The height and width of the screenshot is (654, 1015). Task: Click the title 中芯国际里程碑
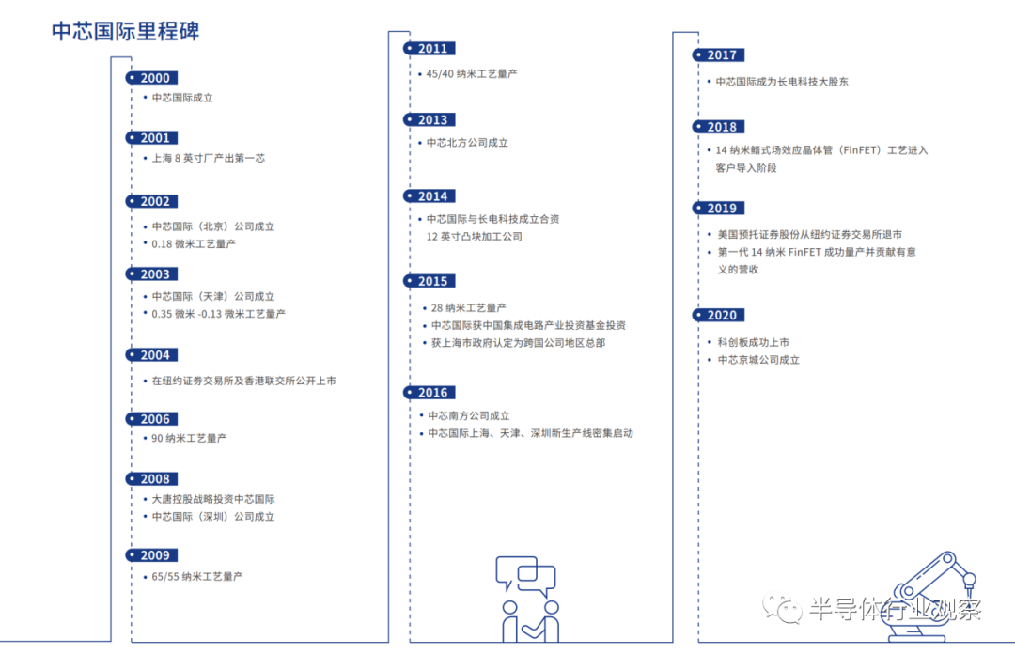click(x=126, y=31)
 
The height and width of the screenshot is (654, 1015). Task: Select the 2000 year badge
click(x=151, y=78)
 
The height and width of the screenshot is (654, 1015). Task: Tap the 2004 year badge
click(x=151, y=355)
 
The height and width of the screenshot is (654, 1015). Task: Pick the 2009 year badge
click(x=151, y=555)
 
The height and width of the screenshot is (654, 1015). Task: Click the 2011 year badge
click(x=429, y=49)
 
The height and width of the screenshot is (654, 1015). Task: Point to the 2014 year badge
click(x=429, y=196)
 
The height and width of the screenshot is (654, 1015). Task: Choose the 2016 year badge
click(x=429, y=393)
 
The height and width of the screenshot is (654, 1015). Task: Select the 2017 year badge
click(x=719, y=55)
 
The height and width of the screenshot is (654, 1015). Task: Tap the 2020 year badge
click(x=719, y=315)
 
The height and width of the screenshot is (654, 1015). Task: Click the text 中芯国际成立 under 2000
click(x=182, y=98)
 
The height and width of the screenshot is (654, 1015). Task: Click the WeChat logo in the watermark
click(x=782, y=608)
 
